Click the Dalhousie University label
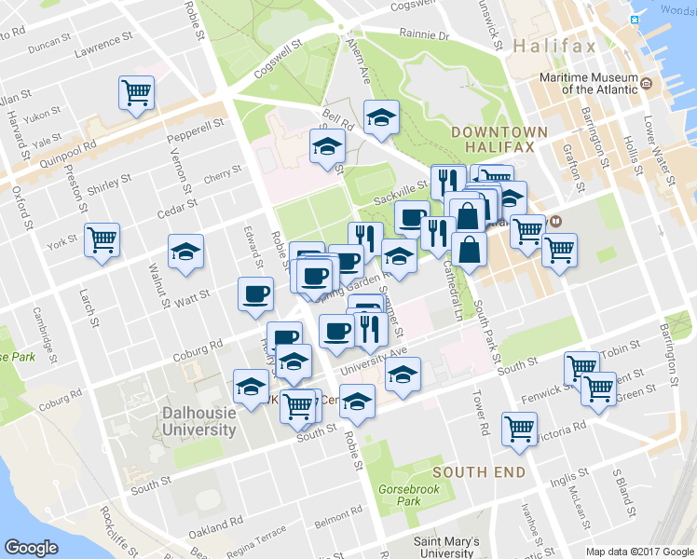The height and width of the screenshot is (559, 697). pyautogui.click(x=198, y=421)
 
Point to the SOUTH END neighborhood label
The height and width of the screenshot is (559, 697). pyautogui.click(x=485, y=472)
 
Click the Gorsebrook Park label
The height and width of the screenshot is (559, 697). pyautogui.click(x=401, y=495)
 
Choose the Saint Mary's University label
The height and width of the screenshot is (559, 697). pyautogui.click(x=446, y=547)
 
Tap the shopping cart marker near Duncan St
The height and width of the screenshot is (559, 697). pyautogui.click(x=136, y=93)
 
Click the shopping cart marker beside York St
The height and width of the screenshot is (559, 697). pyautogui.click(x=102, y=239)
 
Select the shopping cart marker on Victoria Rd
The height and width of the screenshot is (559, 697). pyautogui.click(x=519, y=428)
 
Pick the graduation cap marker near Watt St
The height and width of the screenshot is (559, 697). pyautogui.click(x=185, y=252)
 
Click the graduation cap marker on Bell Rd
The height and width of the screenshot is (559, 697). pyautogui.click(x=380, y=117)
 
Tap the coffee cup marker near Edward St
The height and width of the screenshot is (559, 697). pyautogui.click(x=255, y=294)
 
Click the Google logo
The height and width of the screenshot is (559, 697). pyautogui.click(x=31, y=548)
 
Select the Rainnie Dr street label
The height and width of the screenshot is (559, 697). pyautogui.click(x=423, y=35)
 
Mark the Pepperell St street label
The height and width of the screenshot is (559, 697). pyautogui.click(x=196, y=130)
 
